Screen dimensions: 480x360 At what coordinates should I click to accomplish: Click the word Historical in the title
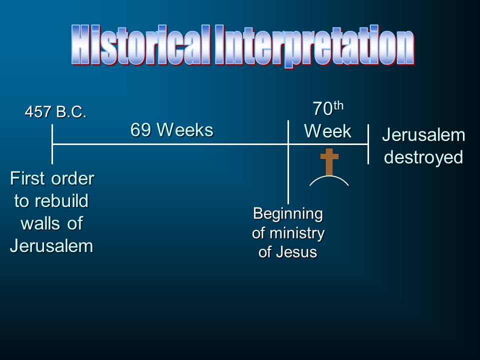(x=141, y=45)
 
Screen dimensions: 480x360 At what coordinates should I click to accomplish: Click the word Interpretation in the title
(x=314, y=46)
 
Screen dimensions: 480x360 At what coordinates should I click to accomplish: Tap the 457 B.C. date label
(x=55, y=111)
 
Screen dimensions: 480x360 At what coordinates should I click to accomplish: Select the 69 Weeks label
(x=171, y=130)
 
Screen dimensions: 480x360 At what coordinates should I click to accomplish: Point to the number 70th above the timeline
(x=328, y=108)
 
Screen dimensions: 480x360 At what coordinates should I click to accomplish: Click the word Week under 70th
(x=327, y=131)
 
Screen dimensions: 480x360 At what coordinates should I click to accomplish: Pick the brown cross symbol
(x=329, y=162)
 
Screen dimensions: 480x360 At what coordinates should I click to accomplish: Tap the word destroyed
(x=423, y=157)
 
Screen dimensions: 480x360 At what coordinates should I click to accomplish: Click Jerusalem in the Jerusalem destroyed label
(x=423, y=134)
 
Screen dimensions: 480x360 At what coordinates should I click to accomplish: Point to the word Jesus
(x=296, y=252)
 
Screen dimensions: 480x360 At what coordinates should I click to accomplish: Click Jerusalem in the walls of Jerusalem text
(x=51, y=246)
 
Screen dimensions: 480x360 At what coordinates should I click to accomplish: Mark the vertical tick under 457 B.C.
(x=52, y=144)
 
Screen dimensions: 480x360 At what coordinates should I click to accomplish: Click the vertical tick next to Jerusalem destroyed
(x=368, y=144)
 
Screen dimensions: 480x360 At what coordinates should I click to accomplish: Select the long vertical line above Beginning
(x=288, y=162)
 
